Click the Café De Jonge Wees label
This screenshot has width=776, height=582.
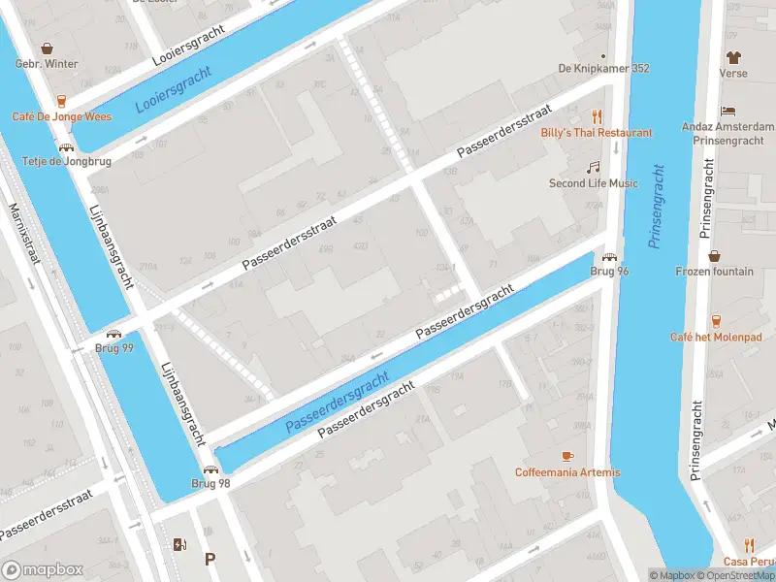click(x=61, y=116)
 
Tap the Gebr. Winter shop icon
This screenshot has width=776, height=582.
click(x=46, y=48)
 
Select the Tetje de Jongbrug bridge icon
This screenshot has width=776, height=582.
click(x=66, y=147)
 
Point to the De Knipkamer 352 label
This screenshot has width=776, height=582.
click(x=603, y=69)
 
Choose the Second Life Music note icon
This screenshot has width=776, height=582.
click(x=594, y=167)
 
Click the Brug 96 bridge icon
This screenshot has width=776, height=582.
click(x=609, y=257)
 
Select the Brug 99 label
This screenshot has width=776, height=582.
click(x=114, y=348)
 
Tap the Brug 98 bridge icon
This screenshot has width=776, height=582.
click(x=210, y=469)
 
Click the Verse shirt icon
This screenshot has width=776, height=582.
click(x=733, y=58)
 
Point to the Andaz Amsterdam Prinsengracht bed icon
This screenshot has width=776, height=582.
click(x=728, y=112)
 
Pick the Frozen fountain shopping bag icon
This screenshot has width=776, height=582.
click(x=714, y=257)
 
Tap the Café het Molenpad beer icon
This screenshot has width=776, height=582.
click(x=716, y=320)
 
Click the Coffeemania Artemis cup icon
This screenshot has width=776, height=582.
click(x=567, y=456)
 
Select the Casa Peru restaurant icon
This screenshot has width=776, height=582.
click(x=749, y=546)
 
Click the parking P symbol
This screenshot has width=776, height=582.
click(x=210, y=559)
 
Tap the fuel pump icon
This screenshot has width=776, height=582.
click(x=178, y=544)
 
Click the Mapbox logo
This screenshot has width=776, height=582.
click(x=43, y=570)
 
